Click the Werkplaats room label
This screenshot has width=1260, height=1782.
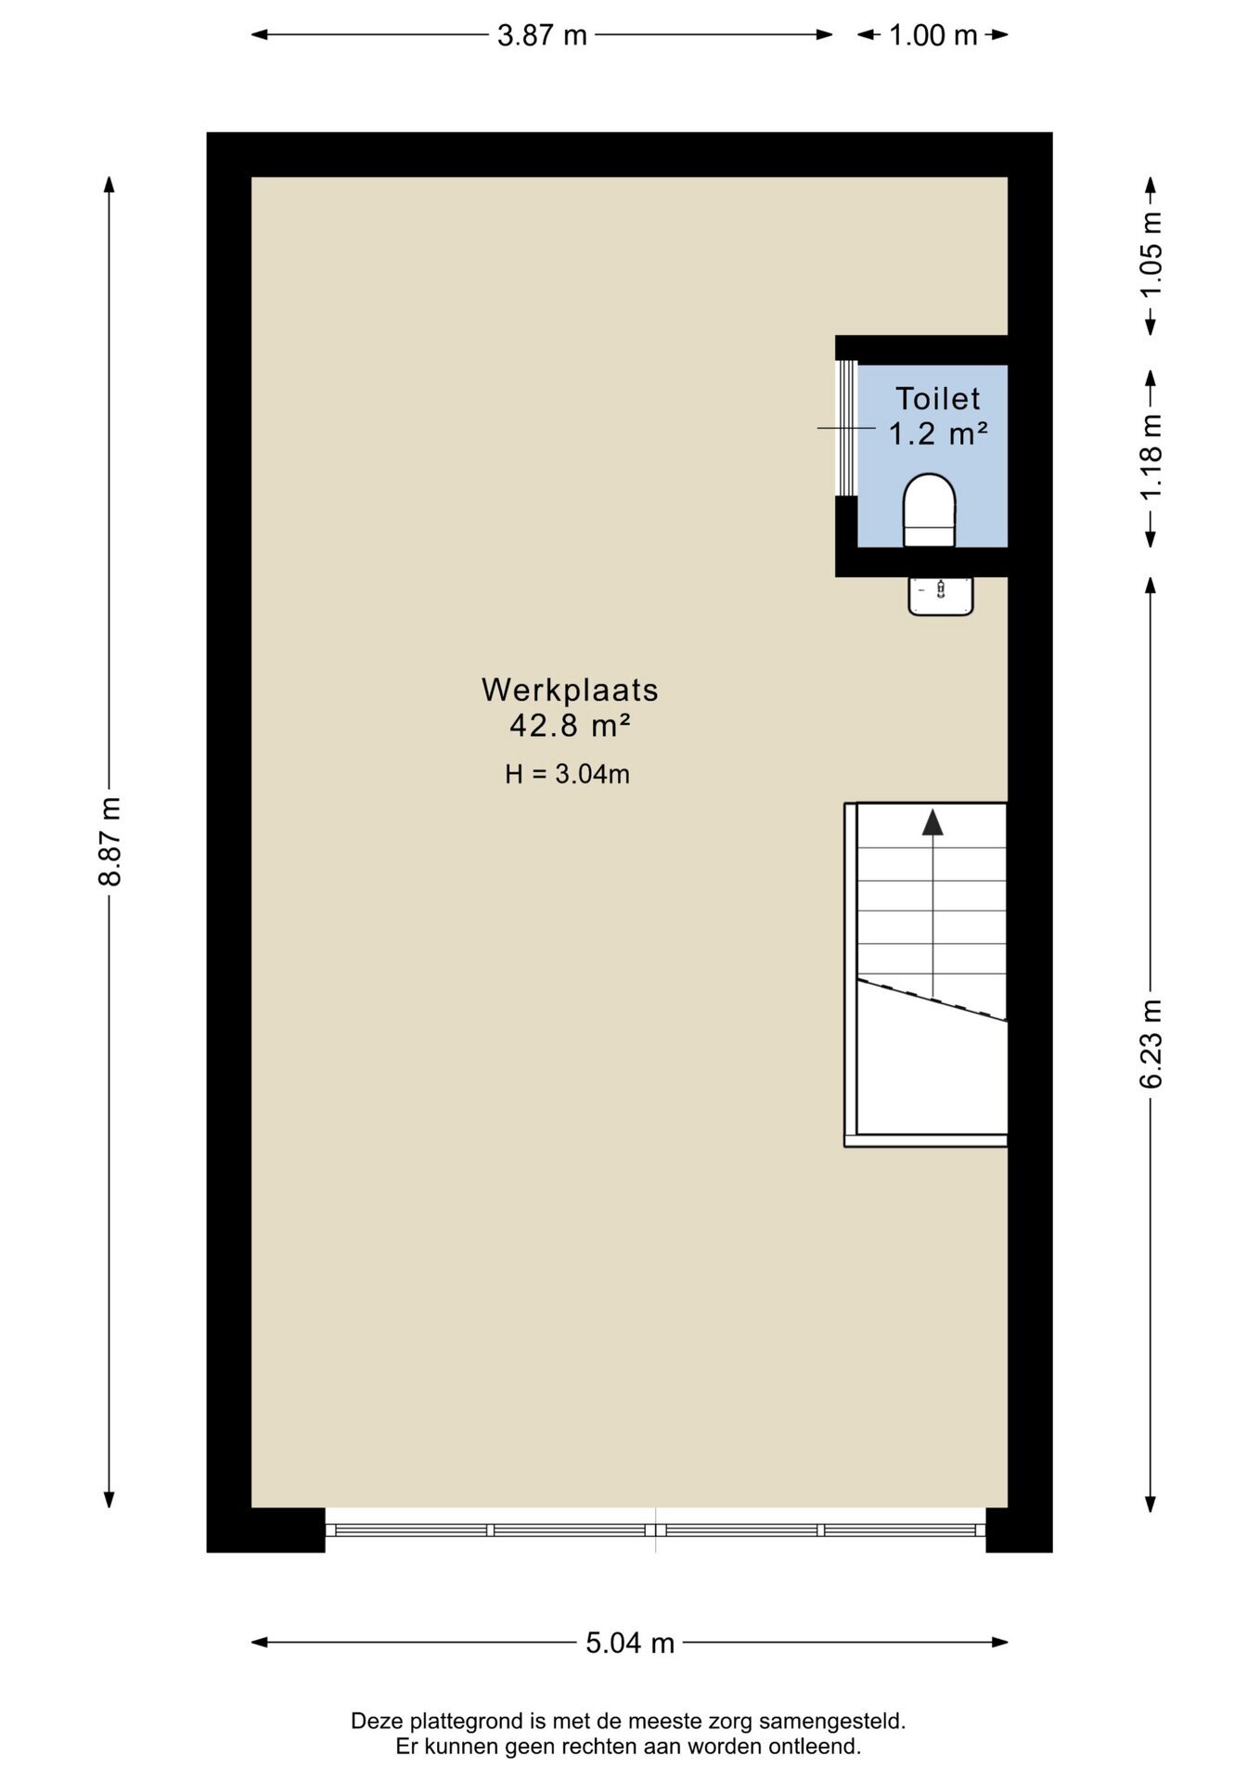point(570,690)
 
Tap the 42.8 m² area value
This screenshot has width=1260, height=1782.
point(570,725)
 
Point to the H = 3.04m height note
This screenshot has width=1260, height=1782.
point(567,773)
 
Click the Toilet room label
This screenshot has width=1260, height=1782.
point(937,398)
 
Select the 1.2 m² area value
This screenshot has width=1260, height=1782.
point(937,433)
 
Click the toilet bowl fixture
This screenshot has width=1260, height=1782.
point(929,510)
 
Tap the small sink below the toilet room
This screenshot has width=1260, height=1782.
point(941,595)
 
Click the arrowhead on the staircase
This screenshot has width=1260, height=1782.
point(932,822)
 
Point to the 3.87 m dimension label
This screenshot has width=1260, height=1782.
point(542,35)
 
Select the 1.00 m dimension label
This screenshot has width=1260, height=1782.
point(932,35)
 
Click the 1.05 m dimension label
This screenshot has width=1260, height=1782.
point(1151,255)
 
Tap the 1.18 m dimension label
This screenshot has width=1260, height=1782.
point(1151,458)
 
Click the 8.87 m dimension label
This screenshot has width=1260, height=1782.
point(109,841)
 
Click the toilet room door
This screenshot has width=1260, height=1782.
point(845,428)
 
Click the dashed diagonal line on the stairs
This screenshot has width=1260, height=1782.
point(932,1000)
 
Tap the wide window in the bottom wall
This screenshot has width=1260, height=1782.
point(655,1530)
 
